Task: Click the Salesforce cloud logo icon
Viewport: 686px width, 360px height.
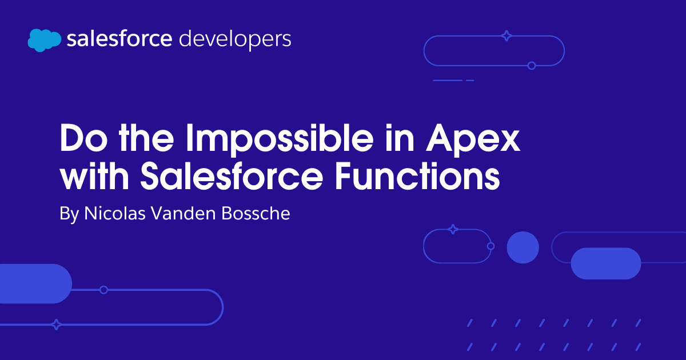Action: coord(44,39)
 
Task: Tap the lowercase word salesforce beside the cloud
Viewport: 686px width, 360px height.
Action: coord(119,39)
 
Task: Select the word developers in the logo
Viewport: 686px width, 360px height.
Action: coord(235,40)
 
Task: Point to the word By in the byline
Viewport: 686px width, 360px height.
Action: coord(70,214)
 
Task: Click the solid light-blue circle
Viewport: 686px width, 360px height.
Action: coord(523,247)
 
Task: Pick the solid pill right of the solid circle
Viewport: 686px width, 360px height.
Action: coord(606,263)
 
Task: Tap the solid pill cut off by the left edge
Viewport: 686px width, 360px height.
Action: coord(34,283)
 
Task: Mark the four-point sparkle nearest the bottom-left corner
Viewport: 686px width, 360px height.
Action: coord(56,325)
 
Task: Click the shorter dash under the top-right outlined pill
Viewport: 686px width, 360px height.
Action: coord(470,81)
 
